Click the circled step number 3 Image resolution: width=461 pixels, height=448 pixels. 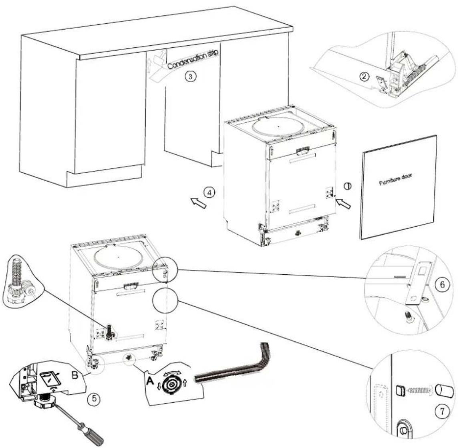coord(191,77)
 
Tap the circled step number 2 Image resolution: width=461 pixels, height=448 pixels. coord(364,77)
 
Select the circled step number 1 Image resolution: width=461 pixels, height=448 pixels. coord(348,186)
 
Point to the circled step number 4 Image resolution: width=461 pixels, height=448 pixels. coord(209,193)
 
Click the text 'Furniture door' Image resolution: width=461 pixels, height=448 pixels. coord(395,179)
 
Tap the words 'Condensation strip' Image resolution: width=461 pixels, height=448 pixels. coord(193,59)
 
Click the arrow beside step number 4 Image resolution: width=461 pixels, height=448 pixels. coord(198,203)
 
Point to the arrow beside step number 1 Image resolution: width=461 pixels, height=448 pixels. coord(343,204)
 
